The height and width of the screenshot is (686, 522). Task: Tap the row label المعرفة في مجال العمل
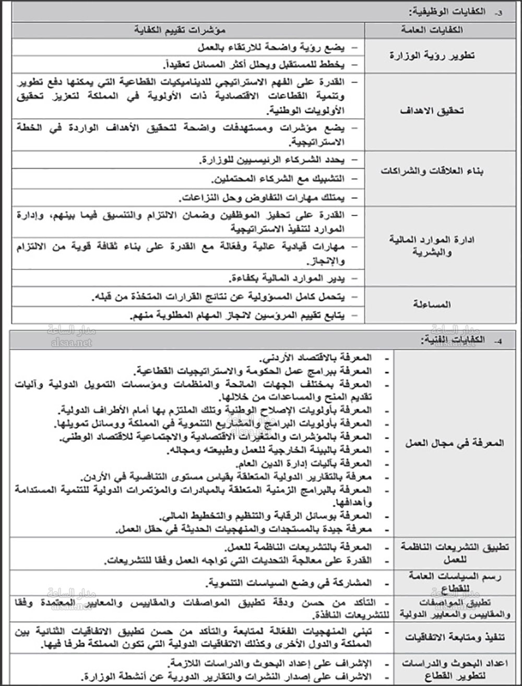coord(455,444)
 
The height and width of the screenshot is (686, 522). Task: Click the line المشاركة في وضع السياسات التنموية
coord(289,582)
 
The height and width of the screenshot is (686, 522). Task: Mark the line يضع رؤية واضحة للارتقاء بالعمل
coord(271,47)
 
